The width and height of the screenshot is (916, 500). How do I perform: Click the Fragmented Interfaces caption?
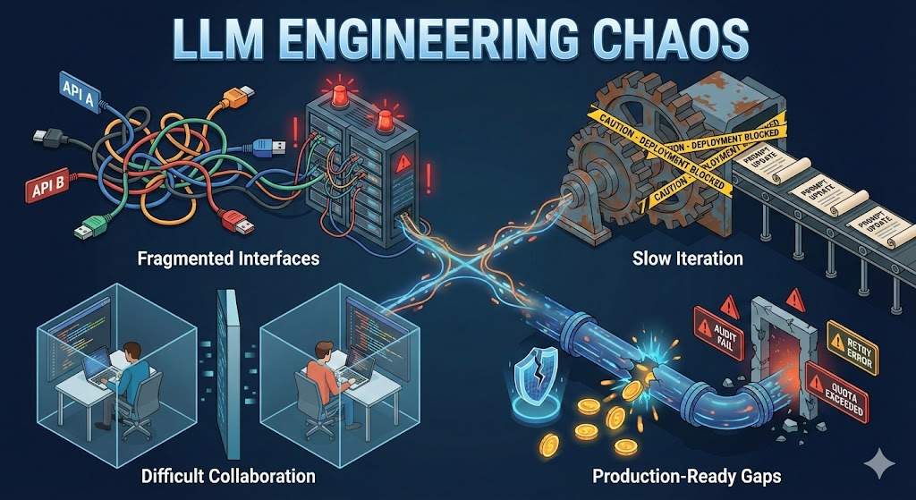click(x=228, y=259)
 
